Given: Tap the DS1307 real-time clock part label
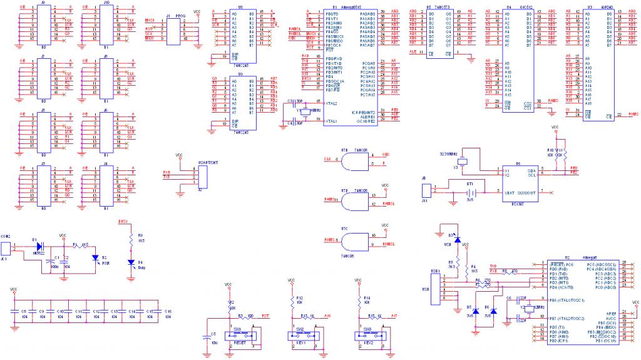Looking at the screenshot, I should click(518, 203).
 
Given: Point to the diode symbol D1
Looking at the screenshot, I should click(39, 246).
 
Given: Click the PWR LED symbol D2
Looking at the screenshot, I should click(96, 257).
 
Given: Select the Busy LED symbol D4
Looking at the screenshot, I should click(131, 262).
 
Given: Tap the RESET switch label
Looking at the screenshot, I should click(238, 344).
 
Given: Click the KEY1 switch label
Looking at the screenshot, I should click(307, 344).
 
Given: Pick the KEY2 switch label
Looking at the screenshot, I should click(376, 344).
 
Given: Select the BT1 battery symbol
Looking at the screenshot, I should click(469, 193).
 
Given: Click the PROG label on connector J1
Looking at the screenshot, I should click(180, 13).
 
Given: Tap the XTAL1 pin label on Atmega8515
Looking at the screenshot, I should click(332, 121).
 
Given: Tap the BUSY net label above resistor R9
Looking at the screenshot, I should click(123, 222).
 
